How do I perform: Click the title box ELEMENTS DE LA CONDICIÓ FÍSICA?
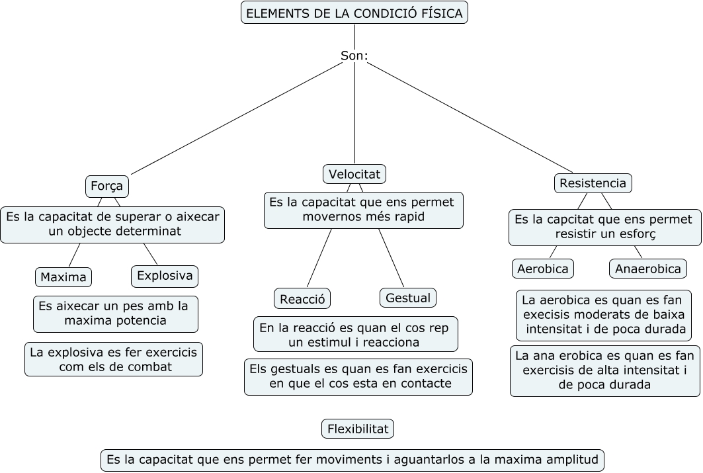pos(354,13)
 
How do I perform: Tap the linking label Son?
pos(354,56)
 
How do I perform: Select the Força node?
pos(107,186)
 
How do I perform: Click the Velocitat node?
pos(354,174)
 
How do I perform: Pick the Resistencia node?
pos(593,183)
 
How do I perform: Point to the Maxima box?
pos(63,277)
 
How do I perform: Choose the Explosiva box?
pos(165,276)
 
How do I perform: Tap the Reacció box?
pos(302,298)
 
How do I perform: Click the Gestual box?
pos(408,298)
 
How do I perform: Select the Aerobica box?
pos(543,269)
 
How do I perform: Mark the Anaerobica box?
pos(648,269)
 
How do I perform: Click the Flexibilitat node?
pos(358,429)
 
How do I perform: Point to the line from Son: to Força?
pos(237,118)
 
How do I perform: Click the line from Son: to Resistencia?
pos(470,118)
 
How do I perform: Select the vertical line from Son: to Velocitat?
pos(354,113)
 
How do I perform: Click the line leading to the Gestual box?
pos(392,258)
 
